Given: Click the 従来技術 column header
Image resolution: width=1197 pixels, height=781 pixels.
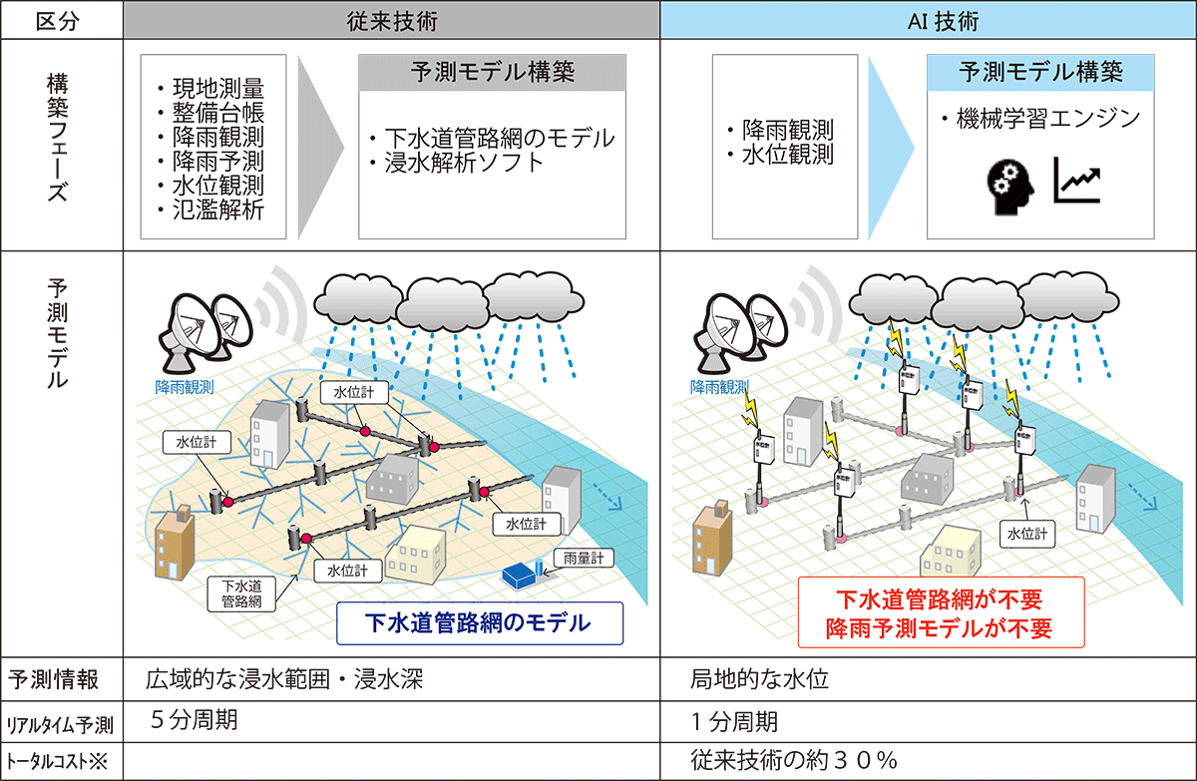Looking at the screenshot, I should (393, 19).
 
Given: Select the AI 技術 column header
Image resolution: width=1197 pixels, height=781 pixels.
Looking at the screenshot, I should (928, 19).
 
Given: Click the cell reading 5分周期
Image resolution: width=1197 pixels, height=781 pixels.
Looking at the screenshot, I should (195, 720).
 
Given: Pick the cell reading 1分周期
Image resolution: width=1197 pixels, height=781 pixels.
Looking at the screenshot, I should (734, 720).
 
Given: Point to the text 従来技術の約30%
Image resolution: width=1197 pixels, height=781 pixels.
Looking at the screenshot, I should (794, 759).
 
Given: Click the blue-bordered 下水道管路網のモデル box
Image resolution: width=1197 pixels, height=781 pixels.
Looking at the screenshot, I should (479, 622).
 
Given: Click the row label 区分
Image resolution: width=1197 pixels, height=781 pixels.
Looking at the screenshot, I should (61, 19).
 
